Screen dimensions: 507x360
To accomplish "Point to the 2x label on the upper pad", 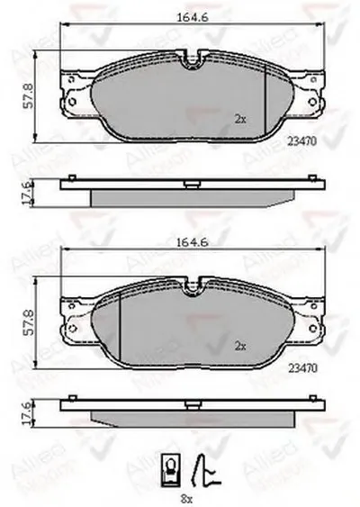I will point(239,118).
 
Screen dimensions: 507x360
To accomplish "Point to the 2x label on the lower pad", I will point(239,345).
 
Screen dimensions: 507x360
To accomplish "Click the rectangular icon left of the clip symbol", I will point(169,466).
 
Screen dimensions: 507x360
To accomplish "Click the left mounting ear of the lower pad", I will point(71,318).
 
